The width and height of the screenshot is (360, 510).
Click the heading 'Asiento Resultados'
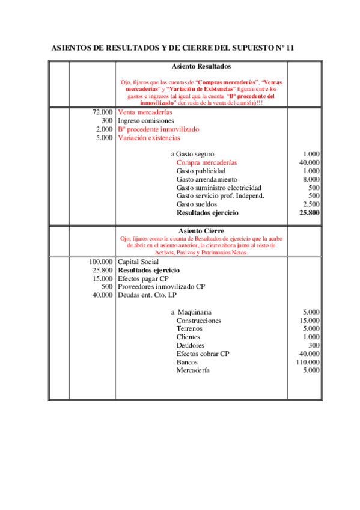[201, 66]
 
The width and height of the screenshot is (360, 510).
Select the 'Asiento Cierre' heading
[201, 230]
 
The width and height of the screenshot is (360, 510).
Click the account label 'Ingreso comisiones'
[145, 121]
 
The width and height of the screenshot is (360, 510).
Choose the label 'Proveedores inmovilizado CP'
[161, 287]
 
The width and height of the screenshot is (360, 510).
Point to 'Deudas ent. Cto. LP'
[147, 295]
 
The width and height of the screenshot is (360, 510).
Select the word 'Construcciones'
[199, 321]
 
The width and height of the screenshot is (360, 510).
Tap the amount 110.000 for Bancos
[308, 363]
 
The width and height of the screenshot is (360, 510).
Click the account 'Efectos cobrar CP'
[203, 354]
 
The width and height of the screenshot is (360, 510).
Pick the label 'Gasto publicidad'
[201, 171]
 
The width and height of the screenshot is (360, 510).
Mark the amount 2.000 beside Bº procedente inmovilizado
[104, 129]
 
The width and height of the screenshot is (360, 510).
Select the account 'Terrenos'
[189, 329]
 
